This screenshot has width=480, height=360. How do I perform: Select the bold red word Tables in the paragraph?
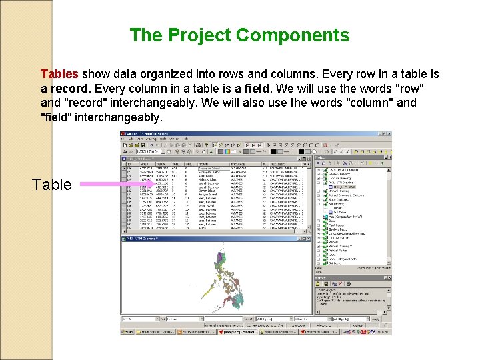click(59, 73)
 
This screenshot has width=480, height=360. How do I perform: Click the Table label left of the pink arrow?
click(52, 185)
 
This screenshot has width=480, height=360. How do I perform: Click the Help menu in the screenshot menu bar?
click(185, 139)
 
